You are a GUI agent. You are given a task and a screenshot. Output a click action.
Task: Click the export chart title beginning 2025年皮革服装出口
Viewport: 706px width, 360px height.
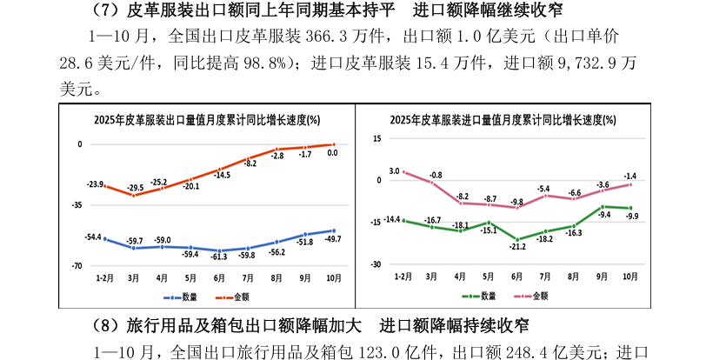207,120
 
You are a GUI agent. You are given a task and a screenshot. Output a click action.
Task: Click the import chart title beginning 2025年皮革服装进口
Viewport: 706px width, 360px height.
503,120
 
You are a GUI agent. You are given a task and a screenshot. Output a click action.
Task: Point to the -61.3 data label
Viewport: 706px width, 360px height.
217,257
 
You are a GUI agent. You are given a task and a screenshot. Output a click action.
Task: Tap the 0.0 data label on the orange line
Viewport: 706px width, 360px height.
332,152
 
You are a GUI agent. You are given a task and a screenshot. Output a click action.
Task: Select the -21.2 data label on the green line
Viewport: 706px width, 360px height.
517,247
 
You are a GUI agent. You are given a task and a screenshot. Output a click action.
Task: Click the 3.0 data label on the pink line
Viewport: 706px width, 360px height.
394,171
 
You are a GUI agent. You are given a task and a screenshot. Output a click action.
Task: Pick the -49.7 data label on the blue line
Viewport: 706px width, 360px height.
332,238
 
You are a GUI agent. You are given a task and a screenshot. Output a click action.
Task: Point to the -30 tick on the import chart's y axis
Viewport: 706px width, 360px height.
376,263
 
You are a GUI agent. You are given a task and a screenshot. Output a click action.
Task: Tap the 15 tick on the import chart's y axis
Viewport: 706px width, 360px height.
377,138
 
